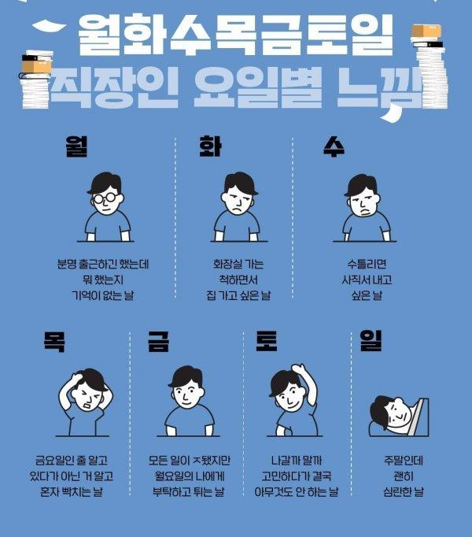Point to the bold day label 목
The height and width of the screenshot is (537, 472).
click(55, 342)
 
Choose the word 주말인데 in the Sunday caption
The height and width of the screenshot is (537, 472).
click(398, 460)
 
